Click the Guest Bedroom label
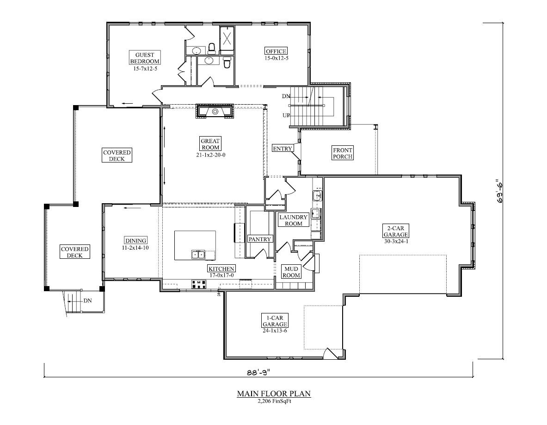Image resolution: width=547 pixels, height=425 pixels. (x=145, y=58)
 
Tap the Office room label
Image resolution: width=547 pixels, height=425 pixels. (x=276, y=51)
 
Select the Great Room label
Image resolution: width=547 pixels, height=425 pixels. (x=210, y=144)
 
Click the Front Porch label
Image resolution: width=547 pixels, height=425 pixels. (x=343, y=153)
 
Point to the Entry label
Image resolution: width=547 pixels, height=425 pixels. (x=283, y=149)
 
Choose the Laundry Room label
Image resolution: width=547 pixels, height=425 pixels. (x=293, y=220)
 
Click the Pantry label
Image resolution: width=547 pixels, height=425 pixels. (x=260, y=239)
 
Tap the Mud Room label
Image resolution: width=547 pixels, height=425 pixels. (x=292, y=272)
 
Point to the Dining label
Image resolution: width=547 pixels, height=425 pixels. (x=135, y=240)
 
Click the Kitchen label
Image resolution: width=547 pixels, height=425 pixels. (x=221, y=269)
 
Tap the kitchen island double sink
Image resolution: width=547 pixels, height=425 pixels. (x=198, y=254)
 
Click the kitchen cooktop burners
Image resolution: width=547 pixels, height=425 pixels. (x=199, y=284)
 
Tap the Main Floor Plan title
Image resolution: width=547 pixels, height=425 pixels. (x=274, y=394)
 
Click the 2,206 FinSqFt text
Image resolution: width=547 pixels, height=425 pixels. (x=274, y=401)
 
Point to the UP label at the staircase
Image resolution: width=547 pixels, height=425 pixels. (x=286, y=115)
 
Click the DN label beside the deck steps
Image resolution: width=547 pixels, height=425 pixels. (x=87, y=300)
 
